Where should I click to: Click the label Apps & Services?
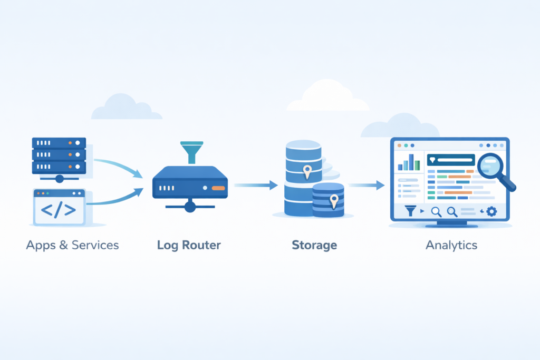tap(72, 245)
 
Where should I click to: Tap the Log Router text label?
tap(189, 245)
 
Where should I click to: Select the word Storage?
tap(314, 245)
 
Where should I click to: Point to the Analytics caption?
tap(451, 245)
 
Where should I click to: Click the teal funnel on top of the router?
tap(191, 151)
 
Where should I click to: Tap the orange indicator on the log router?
tap(218, 188)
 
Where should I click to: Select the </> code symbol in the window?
tap(59, 210)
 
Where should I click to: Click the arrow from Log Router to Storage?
tap(256, 185)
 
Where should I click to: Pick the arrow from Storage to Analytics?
tap(367, 185)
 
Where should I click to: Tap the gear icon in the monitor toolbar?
tap(491, 211)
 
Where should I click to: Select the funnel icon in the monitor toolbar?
tap(410, 211)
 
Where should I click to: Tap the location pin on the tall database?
tap(307, 170)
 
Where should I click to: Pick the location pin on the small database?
tap(333, 200)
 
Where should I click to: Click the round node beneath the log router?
tap(190, 207)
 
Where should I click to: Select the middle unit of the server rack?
tap(59, 154)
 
